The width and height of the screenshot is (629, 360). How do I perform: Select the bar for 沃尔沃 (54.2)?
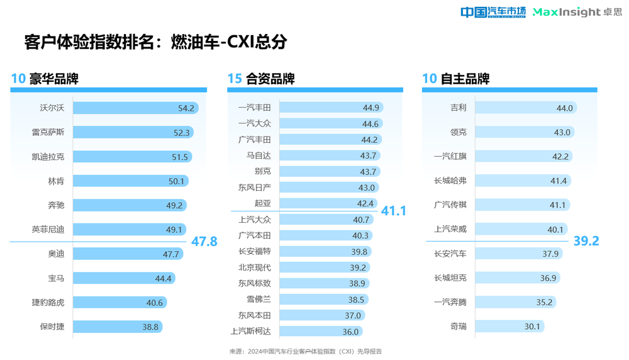[135, 108]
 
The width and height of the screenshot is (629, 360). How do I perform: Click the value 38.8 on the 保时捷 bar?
[151, 327]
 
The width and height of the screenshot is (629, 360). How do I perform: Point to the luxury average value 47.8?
[204, 242]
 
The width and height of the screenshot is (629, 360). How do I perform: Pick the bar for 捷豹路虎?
[120, 302]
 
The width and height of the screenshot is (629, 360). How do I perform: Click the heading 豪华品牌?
[53, 79]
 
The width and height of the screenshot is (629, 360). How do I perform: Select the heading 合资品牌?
[270, 79]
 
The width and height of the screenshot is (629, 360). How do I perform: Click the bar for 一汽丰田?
[331, 107]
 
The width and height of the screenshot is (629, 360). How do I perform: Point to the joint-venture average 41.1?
[394, 211]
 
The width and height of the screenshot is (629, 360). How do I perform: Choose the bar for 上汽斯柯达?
[321, 332]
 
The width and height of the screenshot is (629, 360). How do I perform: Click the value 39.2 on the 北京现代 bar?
[358, 267]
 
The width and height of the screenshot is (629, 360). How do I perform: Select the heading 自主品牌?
[465, 79]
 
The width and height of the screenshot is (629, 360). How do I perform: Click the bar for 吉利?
[525, 108]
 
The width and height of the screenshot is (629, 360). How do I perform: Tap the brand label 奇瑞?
[459, 326]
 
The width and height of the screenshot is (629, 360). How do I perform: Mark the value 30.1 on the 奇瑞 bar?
[533, 327]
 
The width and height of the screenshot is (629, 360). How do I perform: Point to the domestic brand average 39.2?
[586, 241]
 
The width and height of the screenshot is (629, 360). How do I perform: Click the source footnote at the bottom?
[305, 351]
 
